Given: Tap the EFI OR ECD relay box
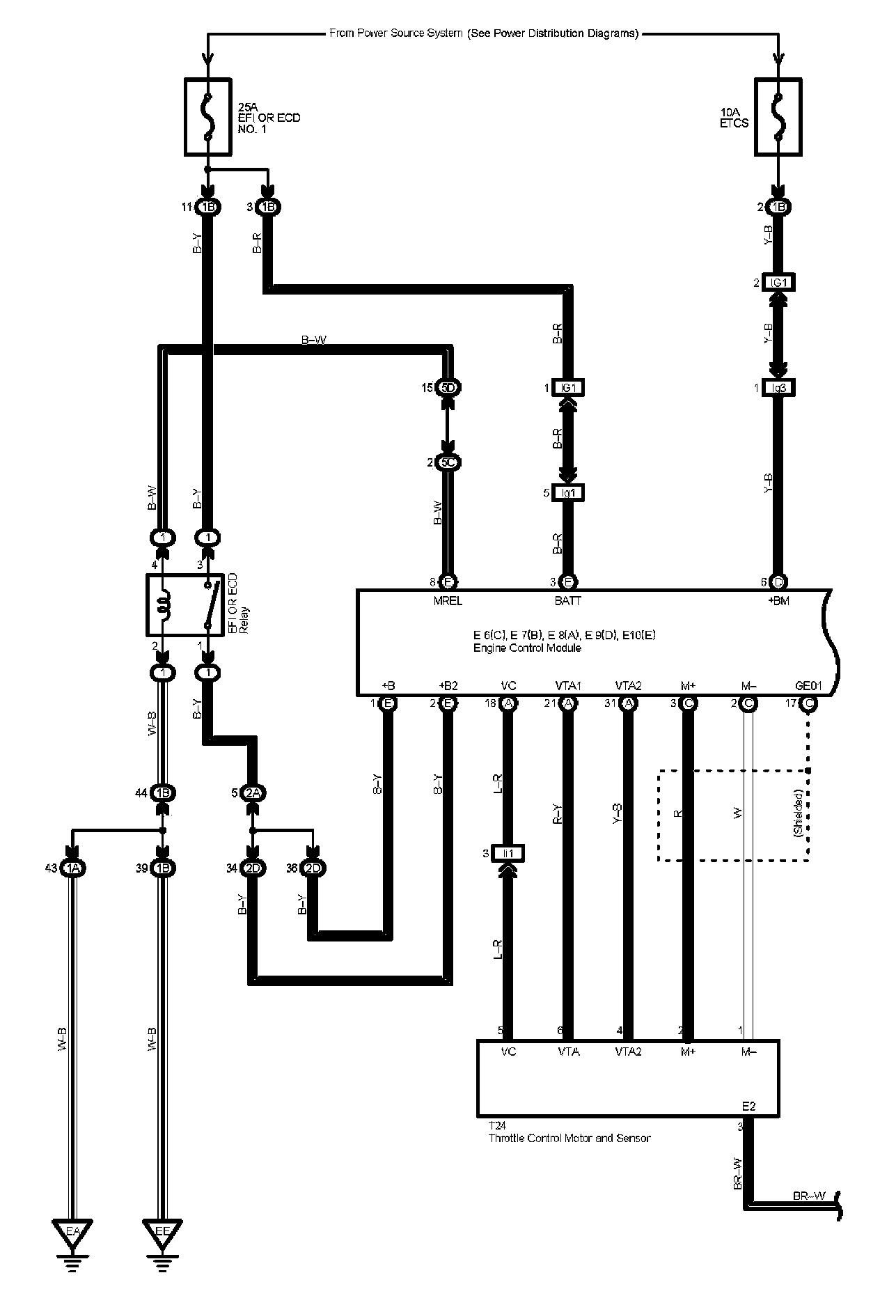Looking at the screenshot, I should point(185,604).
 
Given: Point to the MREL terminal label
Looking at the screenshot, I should point(448,601).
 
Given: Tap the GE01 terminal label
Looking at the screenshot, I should point(808,686).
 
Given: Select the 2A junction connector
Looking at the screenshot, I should point(253,793).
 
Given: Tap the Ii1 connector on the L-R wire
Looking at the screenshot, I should point(508,853).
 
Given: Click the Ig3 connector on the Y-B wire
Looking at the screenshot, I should point(779,387).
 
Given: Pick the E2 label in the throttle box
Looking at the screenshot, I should point(748,1106).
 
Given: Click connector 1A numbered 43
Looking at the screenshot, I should point(72,868).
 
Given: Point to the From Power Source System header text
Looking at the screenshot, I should point(483,33).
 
